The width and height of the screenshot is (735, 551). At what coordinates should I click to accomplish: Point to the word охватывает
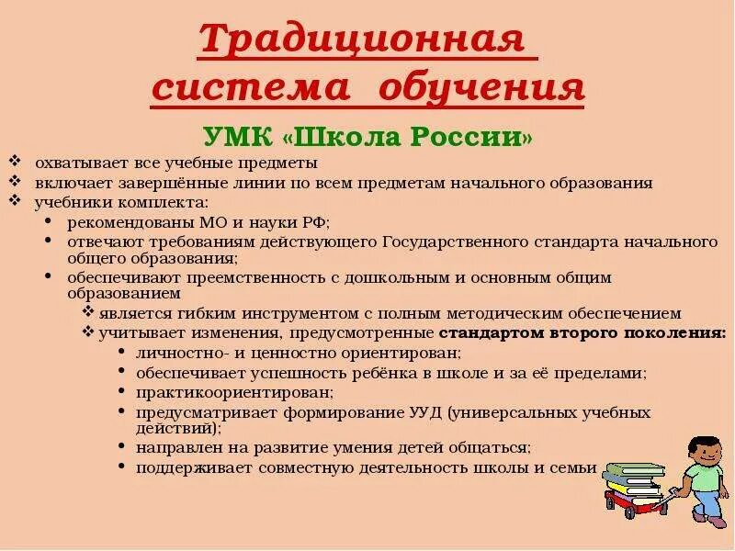[x=77, y=164]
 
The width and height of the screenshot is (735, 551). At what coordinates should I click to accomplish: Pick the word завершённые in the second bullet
[x=150, y=182]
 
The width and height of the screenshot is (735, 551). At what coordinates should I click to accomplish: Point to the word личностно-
[x=180, y=352]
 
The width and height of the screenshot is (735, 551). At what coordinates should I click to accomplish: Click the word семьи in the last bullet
[x=576, y=467]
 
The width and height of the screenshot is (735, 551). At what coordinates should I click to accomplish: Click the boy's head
[x=707, y=450]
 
